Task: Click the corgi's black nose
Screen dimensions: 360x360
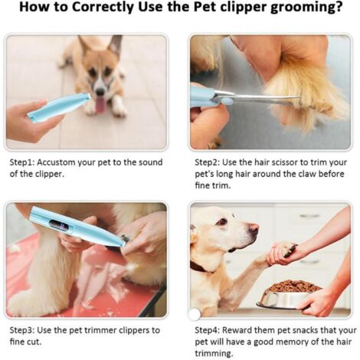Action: point(100,91)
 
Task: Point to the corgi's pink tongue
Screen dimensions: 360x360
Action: point(100,105)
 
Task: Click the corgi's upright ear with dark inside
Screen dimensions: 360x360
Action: point(115,47)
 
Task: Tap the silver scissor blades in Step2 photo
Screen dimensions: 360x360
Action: point(255,98)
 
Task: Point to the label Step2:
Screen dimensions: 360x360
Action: point(207,163)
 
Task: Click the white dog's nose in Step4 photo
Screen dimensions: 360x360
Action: point(254,228)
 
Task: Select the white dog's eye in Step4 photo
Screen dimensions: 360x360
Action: point(222,221)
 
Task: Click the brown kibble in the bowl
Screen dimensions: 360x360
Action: point(293,286)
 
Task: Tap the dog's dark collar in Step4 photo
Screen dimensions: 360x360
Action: point(201,267)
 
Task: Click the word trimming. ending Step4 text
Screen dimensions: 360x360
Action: point(214,354)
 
